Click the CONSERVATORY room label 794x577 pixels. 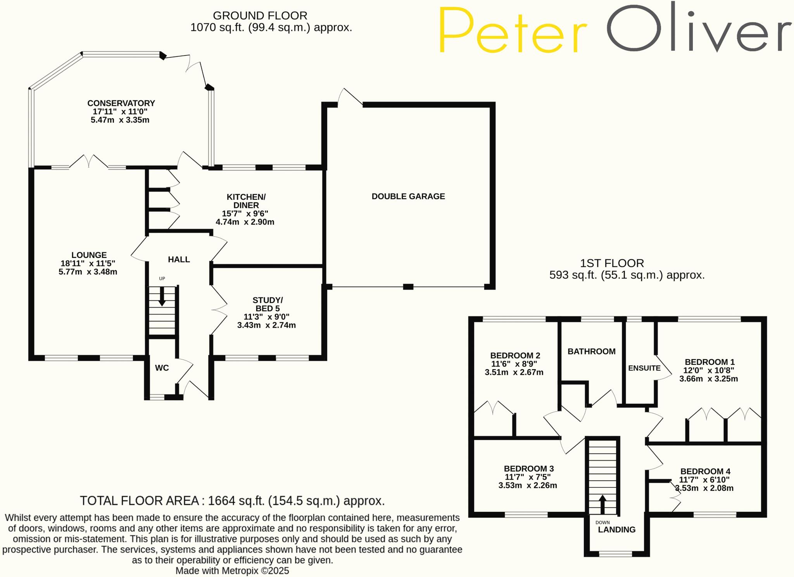[x=121, y=103]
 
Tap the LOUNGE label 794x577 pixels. [x=89, y=255]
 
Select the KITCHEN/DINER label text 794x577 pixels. [x=246, y=201]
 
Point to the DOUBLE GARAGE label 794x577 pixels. [x=408, y=196]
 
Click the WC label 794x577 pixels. [x=162, y=368]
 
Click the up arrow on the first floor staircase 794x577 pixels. [x=602, y=504]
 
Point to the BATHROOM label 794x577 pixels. [x=591, y=351]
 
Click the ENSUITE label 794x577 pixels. [x=644, y=368]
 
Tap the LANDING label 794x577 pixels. [x=616, y=530]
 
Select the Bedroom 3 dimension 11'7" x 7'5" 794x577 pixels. [x=528, y=477]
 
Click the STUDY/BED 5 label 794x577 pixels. [x=268, y=304]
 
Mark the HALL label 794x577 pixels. [x=179, y=259]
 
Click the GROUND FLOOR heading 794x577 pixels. [x=260, y=16]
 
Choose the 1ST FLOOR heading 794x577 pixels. [x=612, y=263]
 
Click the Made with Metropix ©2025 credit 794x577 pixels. [x=232, y=570]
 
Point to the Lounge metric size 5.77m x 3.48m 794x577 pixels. [x=88, y=272]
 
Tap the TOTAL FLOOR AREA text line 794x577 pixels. [x=232, y=501]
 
